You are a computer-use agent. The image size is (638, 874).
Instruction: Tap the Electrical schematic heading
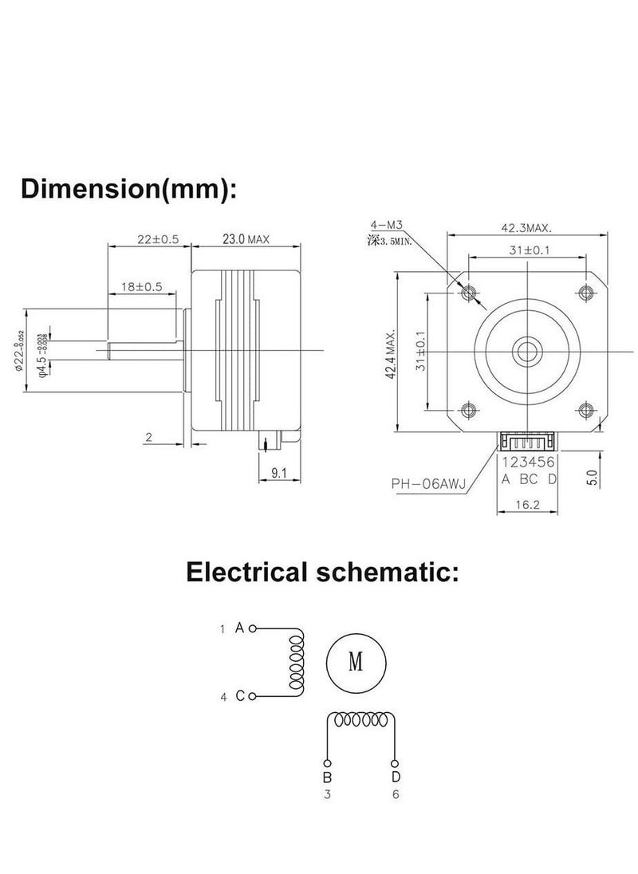coord(322,571)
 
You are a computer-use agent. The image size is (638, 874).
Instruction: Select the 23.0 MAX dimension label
coord(246,238)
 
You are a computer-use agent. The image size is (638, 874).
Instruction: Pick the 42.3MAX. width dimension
coord(526,227)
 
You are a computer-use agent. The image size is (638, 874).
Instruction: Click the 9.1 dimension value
coord(279,473)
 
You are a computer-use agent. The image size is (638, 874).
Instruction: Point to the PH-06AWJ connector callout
coord(429,482)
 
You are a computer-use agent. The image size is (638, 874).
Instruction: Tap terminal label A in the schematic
coord(239,628)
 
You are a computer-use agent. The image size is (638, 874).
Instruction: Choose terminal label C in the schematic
coord(239,697)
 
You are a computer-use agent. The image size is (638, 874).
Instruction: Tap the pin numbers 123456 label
coord(527,462)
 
